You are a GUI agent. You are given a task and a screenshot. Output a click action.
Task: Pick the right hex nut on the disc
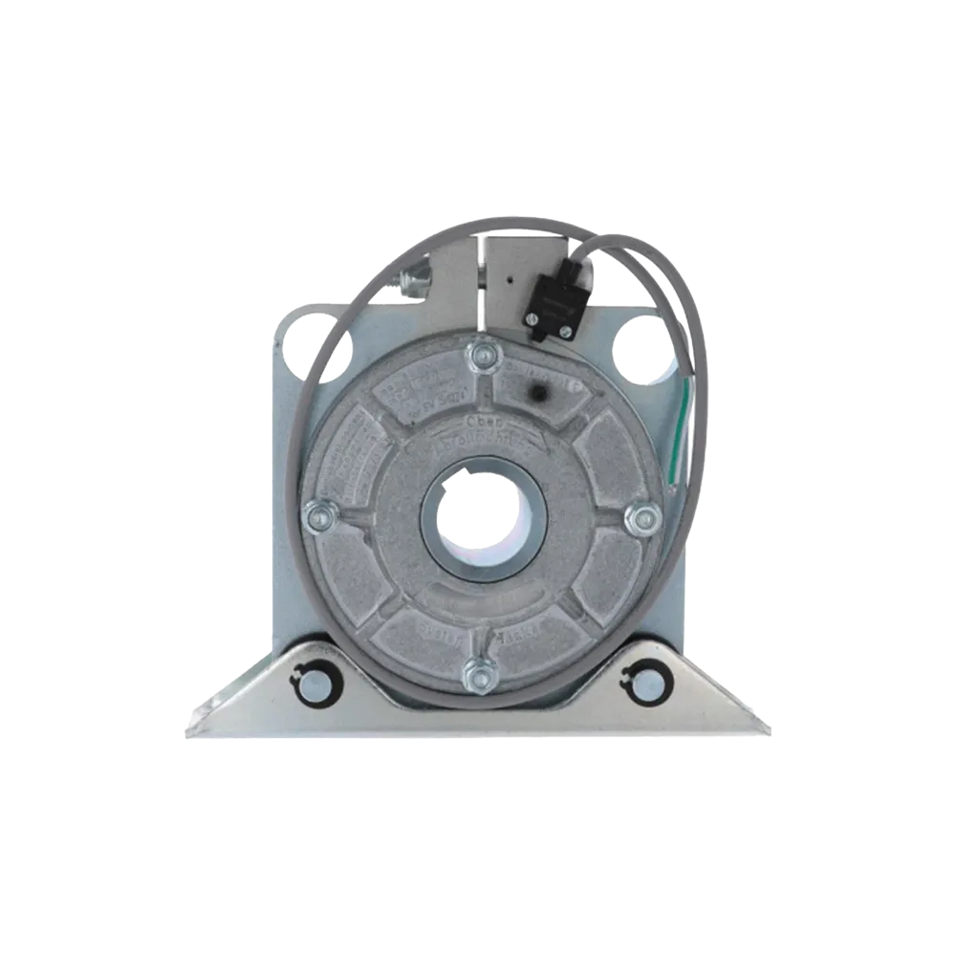(x=642, y=518)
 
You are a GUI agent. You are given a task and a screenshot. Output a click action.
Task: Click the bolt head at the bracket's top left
(x=416, y=278)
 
